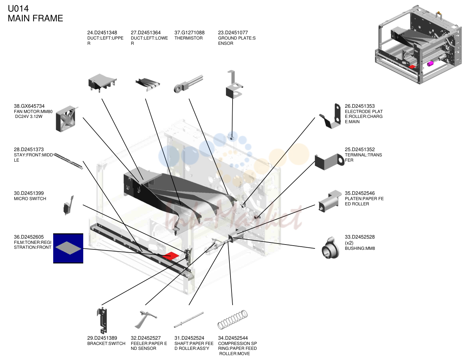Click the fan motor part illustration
click(66, 119)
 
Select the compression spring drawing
click(233, 320)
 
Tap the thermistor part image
click(189, 84)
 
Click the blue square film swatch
click(68, 248)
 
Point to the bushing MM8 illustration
click(330, 248)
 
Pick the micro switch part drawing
click(68, 205)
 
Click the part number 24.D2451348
click(102, 33)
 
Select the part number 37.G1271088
click(189, 33)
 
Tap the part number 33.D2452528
click(360, 237)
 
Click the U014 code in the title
click(18, 9)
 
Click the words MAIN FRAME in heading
click(35, 18)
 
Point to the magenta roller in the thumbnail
click(430, 64)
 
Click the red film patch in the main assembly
click(171, 256)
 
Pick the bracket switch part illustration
click(102, 320)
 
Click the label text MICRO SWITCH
click(30, 199)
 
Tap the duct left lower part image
click(148, 84)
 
